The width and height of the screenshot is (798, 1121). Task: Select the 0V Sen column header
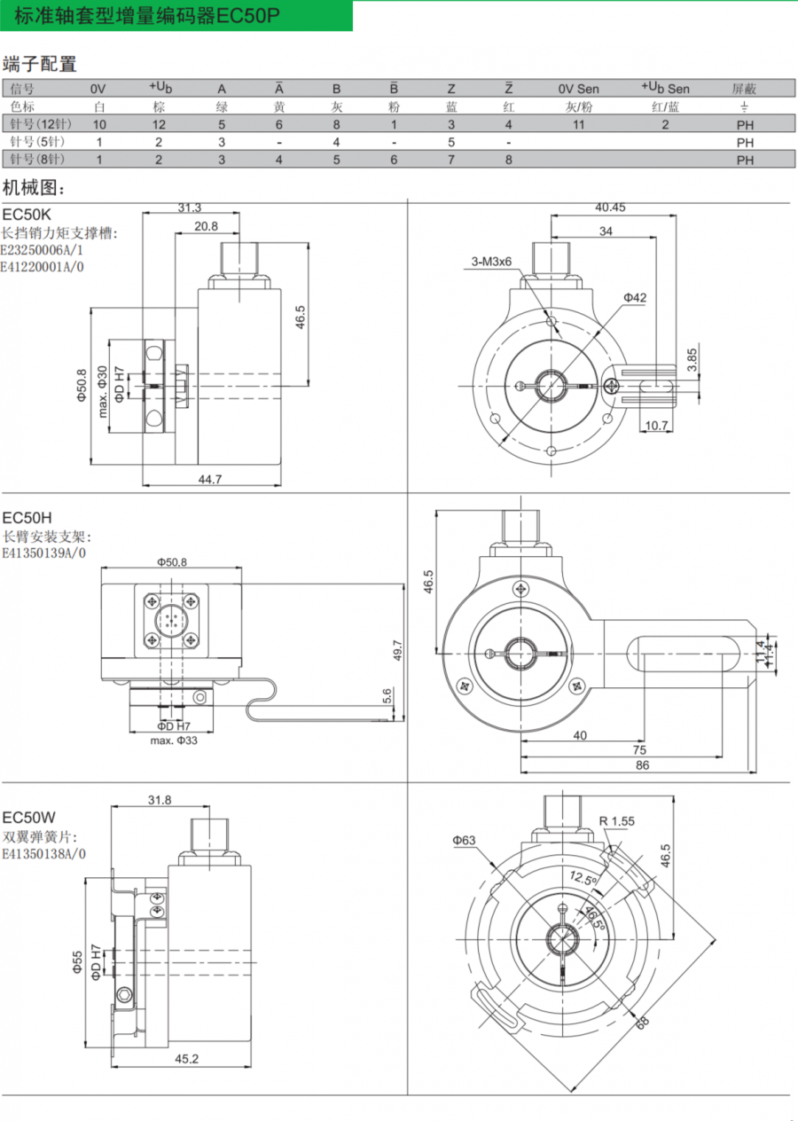coord(578,89)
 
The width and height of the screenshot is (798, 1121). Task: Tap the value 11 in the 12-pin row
coord(578,124)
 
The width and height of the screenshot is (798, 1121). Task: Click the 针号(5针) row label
coord(38,142)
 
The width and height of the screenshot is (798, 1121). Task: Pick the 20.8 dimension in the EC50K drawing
coord(206,226)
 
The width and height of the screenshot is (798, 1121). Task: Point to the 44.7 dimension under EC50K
coord(210,479)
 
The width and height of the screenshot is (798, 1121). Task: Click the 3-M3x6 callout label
coord(491,262)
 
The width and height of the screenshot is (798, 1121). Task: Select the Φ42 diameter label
coord(635,298)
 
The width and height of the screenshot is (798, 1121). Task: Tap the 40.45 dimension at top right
coord(611,208)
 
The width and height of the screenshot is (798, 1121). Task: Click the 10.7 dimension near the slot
coord(656,426)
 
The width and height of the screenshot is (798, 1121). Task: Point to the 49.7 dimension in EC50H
coord(397,650)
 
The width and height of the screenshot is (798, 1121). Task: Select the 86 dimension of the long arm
coord(642,764)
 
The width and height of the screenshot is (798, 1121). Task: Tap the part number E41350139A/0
coord(44,554)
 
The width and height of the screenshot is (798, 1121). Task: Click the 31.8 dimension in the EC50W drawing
coord(160,800)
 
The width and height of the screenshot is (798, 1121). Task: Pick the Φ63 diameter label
coord(464,840)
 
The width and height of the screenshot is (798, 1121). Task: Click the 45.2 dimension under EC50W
coord(186,1058)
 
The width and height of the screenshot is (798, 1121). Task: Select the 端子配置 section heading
coord(40,64)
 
